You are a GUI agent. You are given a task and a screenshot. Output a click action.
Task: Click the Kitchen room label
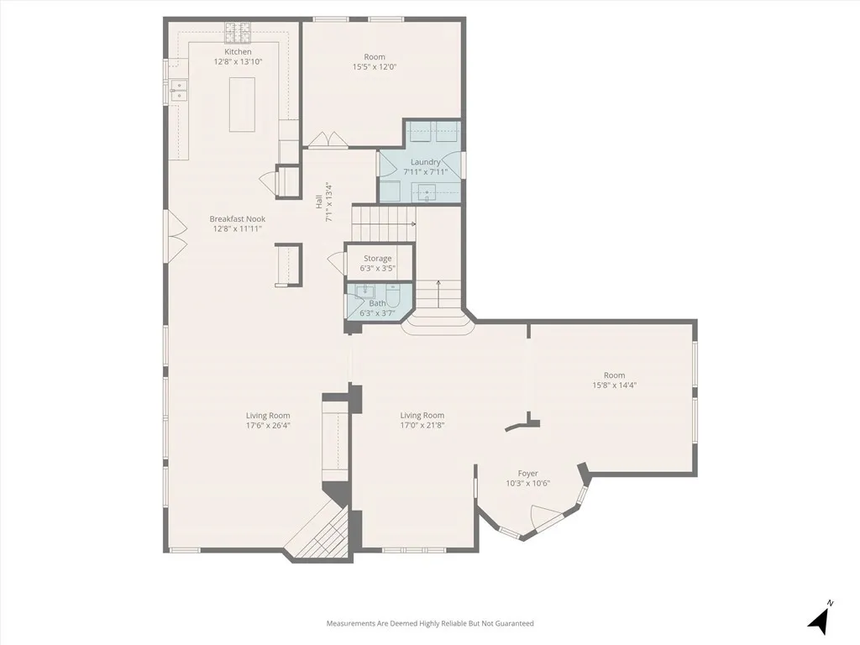tap(233, 52)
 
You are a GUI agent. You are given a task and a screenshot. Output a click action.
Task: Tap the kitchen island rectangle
tap(242, 103)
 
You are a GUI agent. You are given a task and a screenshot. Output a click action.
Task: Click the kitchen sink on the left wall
tap(178, 90)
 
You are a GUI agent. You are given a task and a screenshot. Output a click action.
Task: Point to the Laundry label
tap(425, 162)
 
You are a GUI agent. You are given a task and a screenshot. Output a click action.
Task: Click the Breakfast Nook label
tap(237, 219)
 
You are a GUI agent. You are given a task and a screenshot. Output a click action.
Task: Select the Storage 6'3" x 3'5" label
tap(377, 259)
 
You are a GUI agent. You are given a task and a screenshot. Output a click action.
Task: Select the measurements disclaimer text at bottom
tap(430, 623)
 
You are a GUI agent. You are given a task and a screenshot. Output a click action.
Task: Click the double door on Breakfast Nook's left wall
tap(177, 236)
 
